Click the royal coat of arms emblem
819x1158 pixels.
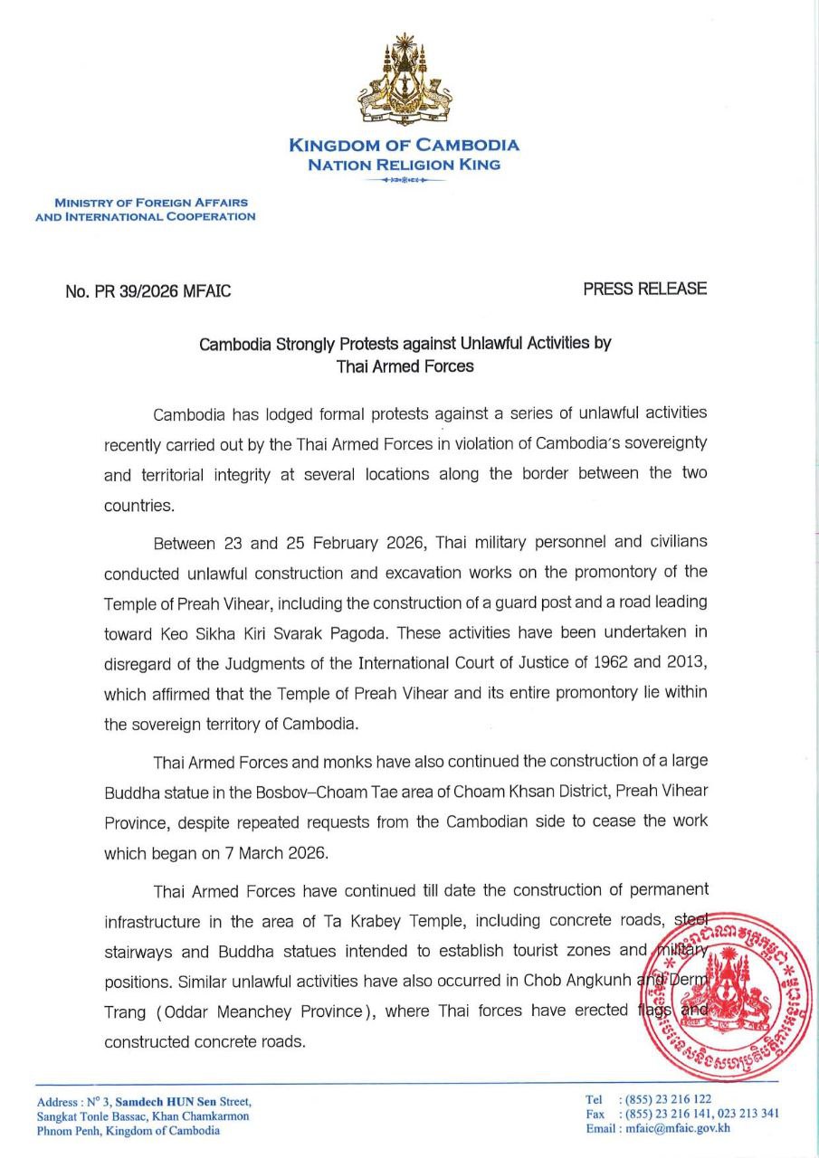point(404,81)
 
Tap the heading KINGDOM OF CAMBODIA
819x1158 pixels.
point(404,146)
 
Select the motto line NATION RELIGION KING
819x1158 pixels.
point(404,165)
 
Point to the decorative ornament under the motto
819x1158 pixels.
point(404,181)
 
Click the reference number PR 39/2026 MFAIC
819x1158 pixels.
point(148,291)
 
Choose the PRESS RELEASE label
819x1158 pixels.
point(644,289)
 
